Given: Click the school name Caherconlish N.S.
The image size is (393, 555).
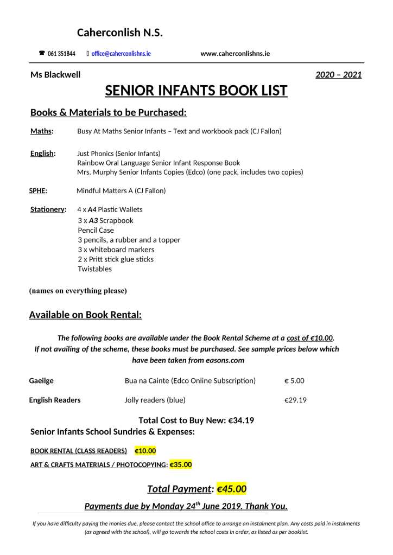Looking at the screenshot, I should point(120,33).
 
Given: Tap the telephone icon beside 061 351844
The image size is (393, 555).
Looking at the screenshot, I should point(42,53).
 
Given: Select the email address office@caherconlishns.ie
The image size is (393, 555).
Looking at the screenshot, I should point(121,54).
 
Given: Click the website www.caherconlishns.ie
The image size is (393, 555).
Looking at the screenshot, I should point(235,53).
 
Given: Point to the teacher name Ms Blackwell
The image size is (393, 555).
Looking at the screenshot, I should point(55,75).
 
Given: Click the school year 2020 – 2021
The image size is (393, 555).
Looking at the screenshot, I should point(338,75).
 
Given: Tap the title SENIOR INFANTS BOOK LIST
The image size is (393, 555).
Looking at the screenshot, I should point(196,91).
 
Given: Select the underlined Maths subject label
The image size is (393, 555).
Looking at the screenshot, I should point(41,131).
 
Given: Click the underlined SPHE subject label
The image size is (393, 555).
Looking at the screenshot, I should point(38,190).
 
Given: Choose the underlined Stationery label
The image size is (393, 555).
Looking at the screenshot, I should point(48,209).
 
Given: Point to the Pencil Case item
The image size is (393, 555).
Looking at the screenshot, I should point(96,230).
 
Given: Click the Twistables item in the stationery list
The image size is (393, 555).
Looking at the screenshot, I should point(94,269).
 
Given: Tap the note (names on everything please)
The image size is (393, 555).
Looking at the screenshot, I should point(78,291).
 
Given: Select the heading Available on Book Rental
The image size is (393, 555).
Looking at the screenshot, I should point(85,315).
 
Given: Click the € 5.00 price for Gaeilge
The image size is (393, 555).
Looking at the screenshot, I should point(294,381).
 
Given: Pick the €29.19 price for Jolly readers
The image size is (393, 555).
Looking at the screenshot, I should point(295,400).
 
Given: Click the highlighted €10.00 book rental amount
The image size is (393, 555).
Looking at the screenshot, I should point(145,451).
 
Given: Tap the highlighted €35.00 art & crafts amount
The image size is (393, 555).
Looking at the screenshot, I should point(181,465).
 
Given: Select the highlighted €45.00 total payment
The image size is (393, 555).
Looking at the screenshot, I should point(231,489).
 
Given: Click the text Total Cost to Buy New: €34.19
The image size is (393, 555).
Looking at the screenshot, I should point(196,420).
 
